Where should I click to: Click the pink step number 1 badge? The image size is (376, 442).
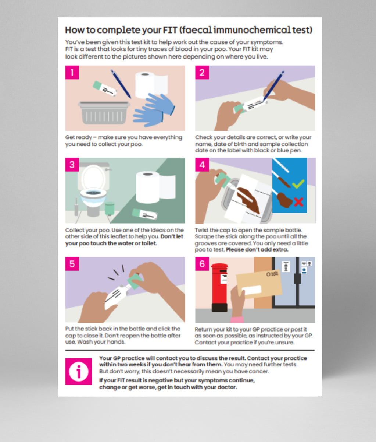tap(72, 73)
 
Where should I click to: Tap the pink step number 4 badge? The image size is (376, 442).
tap(202, 165)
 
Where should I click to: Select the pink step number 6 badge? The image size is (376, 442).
tap(202, 264)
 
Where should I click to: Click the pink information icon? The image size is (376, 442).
tap(78, 371)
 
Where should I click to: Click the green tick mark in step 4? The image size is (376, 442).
tap(298, 183)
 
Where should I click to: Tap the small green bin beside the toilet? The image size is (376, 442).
tap(110, 208)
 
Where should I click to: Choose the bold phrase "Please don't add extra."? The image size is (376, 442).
tap(257, 250)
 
